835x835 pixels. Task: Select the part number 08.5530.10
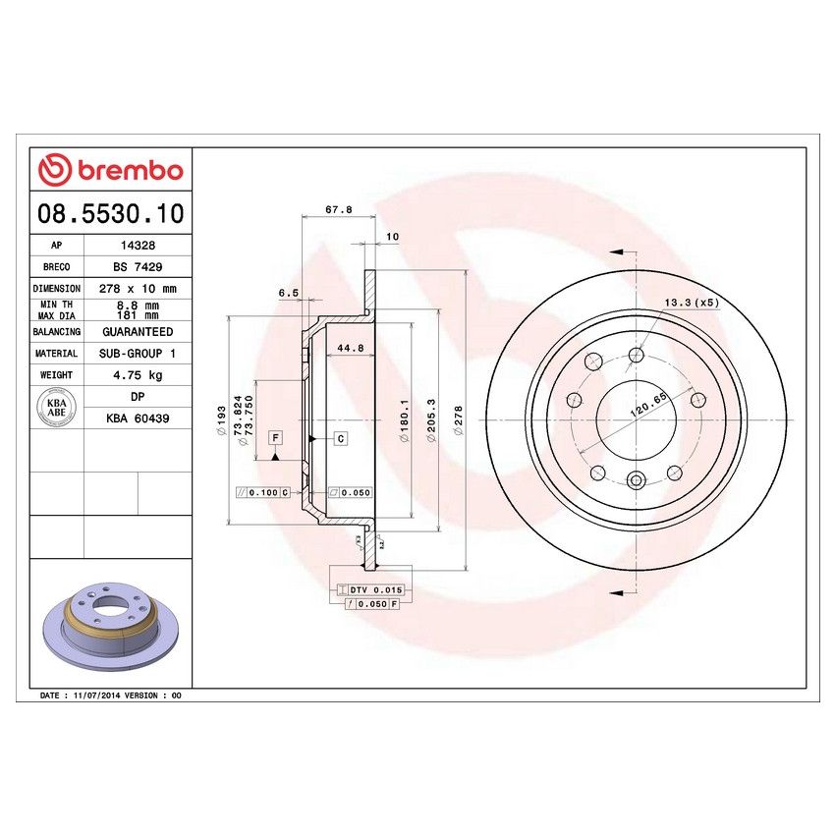(110, 212)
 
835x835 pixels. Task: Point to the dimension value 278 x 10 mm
(138, 289)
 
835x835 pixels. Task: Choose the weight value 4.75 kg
(138, 374)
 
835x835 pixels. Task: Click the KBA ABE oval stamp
(57, 407)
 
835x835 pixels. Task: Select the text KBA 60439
(138, 417)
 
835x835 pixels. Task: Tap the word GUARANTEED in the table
(138, 332)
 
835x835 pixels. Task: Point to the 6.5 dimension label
(288, 293)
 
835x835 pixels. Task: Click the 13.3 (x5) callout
(692, 303)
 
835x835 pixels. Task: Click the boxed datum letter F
(276, 436)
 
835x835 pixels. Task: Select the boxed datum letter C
(341, 437)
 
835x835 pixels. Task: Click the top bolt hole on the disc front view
(637, 355)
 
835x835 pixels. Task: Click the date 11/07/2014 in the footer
(95, 695)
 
